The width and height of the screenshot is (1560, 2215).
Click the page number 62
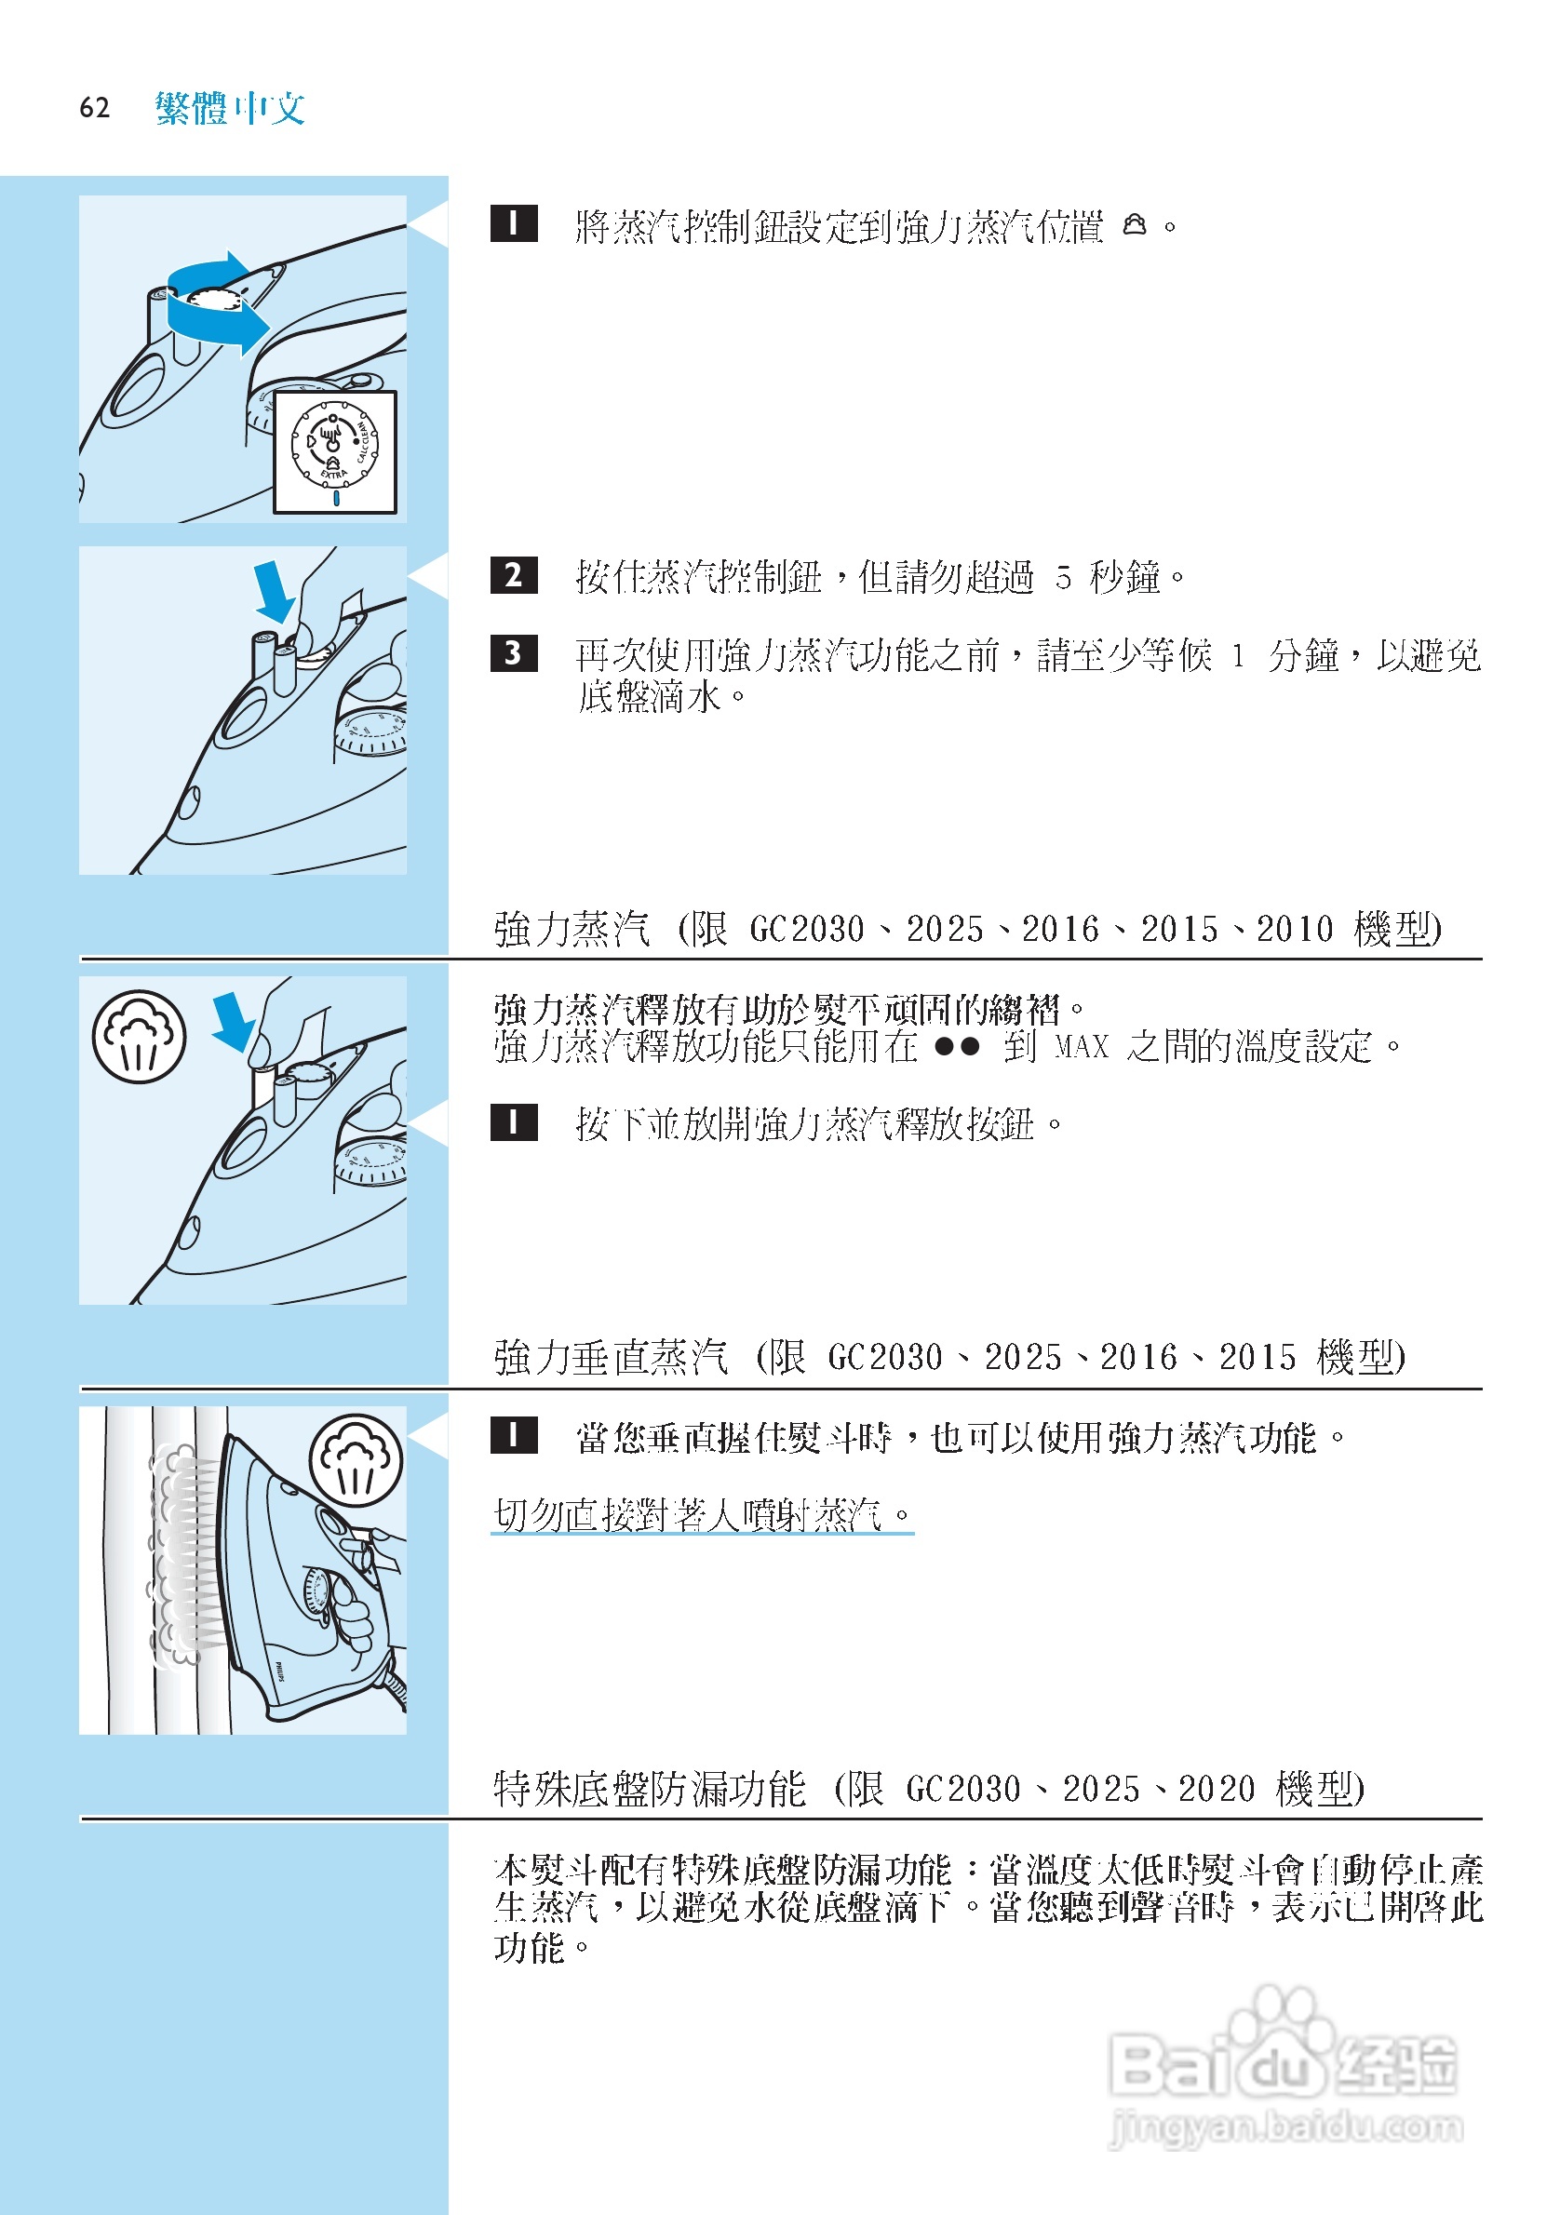tap(95, 107)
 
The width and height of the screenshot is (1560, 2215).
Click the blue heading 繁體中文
tap(230, 107)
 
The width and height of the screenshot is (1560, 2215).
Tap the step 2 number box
tap(513, 575)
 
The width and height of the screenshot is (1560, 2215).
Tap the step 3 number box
tap(513, 653)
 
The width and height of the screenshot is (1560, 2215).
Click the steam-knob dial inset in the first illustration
tap(335, 450)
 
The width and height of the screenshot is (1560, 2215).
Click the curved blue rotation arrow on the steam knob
tap(217, 304)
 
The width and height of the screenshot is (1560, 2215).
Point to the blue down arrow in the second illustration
tap(274, 592)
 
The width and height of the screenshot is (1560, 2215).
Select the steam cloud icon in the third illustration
tap(139, 1037)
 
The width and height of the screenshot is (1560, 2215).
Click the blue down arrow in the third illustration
tap(233, 1022)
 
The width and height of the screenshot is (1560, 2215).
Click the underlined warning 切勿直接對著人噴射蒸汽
tap(702, 1514)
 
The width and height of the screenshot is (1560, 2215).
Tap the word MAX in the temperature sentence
tap(1082, 1047)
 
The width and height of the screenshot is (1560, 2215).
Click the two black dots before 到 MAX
tap(957, 1047)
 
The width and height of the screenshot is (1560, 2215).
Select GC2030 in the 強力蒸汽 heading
tap(807, 929)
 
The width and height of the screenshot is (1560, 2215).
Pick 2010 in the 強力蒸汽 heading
tap(1294, 929)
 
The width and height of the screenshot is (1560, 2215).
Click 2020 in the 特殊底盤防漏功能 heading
tap(1216, 1789)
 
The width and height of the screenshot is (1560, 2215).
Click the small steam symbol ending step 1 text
tap(1136, 225)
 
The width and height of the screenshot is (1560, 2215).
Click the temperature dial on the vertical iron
tap(317, 1592)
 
